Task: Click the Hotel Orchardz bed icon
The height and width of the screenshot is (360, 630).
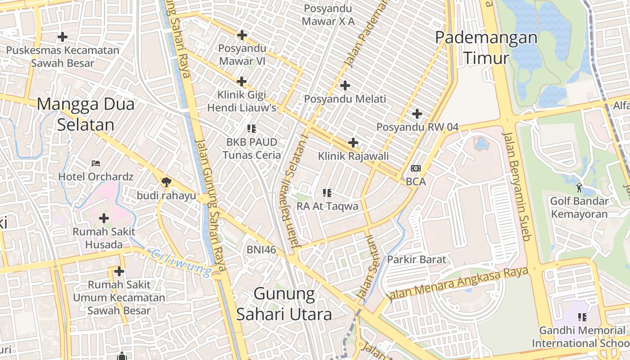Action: point(95,163)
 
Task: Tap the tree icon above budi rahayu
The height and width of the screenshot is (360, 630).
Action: point(166,182)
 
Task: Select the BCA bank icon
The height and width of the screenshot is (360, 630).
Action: point(415,168)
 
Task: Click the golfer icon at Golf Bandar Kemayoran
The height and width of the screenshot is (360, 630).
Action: point(579,187)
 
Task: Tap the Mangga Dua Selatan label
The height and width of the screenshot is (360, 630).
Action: point(85,114)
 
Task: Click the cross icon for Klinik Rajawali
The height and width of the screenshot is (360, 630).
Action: point(353,143)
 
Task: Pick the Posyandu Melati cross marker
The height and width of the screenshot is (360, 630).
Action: point(345,85)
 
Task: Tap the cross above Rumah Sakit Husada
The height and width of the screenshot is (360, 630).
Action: point(104,219)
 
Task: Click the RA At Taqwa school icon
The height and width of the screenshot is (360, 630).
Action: point(327,193)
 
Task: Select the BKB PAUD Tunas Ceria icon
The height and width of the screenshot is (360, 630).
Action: point(251,129)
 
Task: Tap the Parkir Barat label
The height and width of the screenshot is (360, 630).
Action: point(417,259)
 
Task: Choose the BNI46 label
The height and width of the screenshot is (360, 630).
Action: point(261,249)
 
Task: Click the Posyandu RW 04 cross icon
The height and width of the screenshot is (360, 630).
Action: point(417,114)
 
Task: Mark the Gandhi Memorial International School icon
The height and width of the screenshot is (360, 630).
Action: point(582,317)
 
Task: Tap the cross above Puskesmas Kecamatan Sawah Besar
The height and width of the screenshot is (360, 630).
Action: point(63,37)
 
